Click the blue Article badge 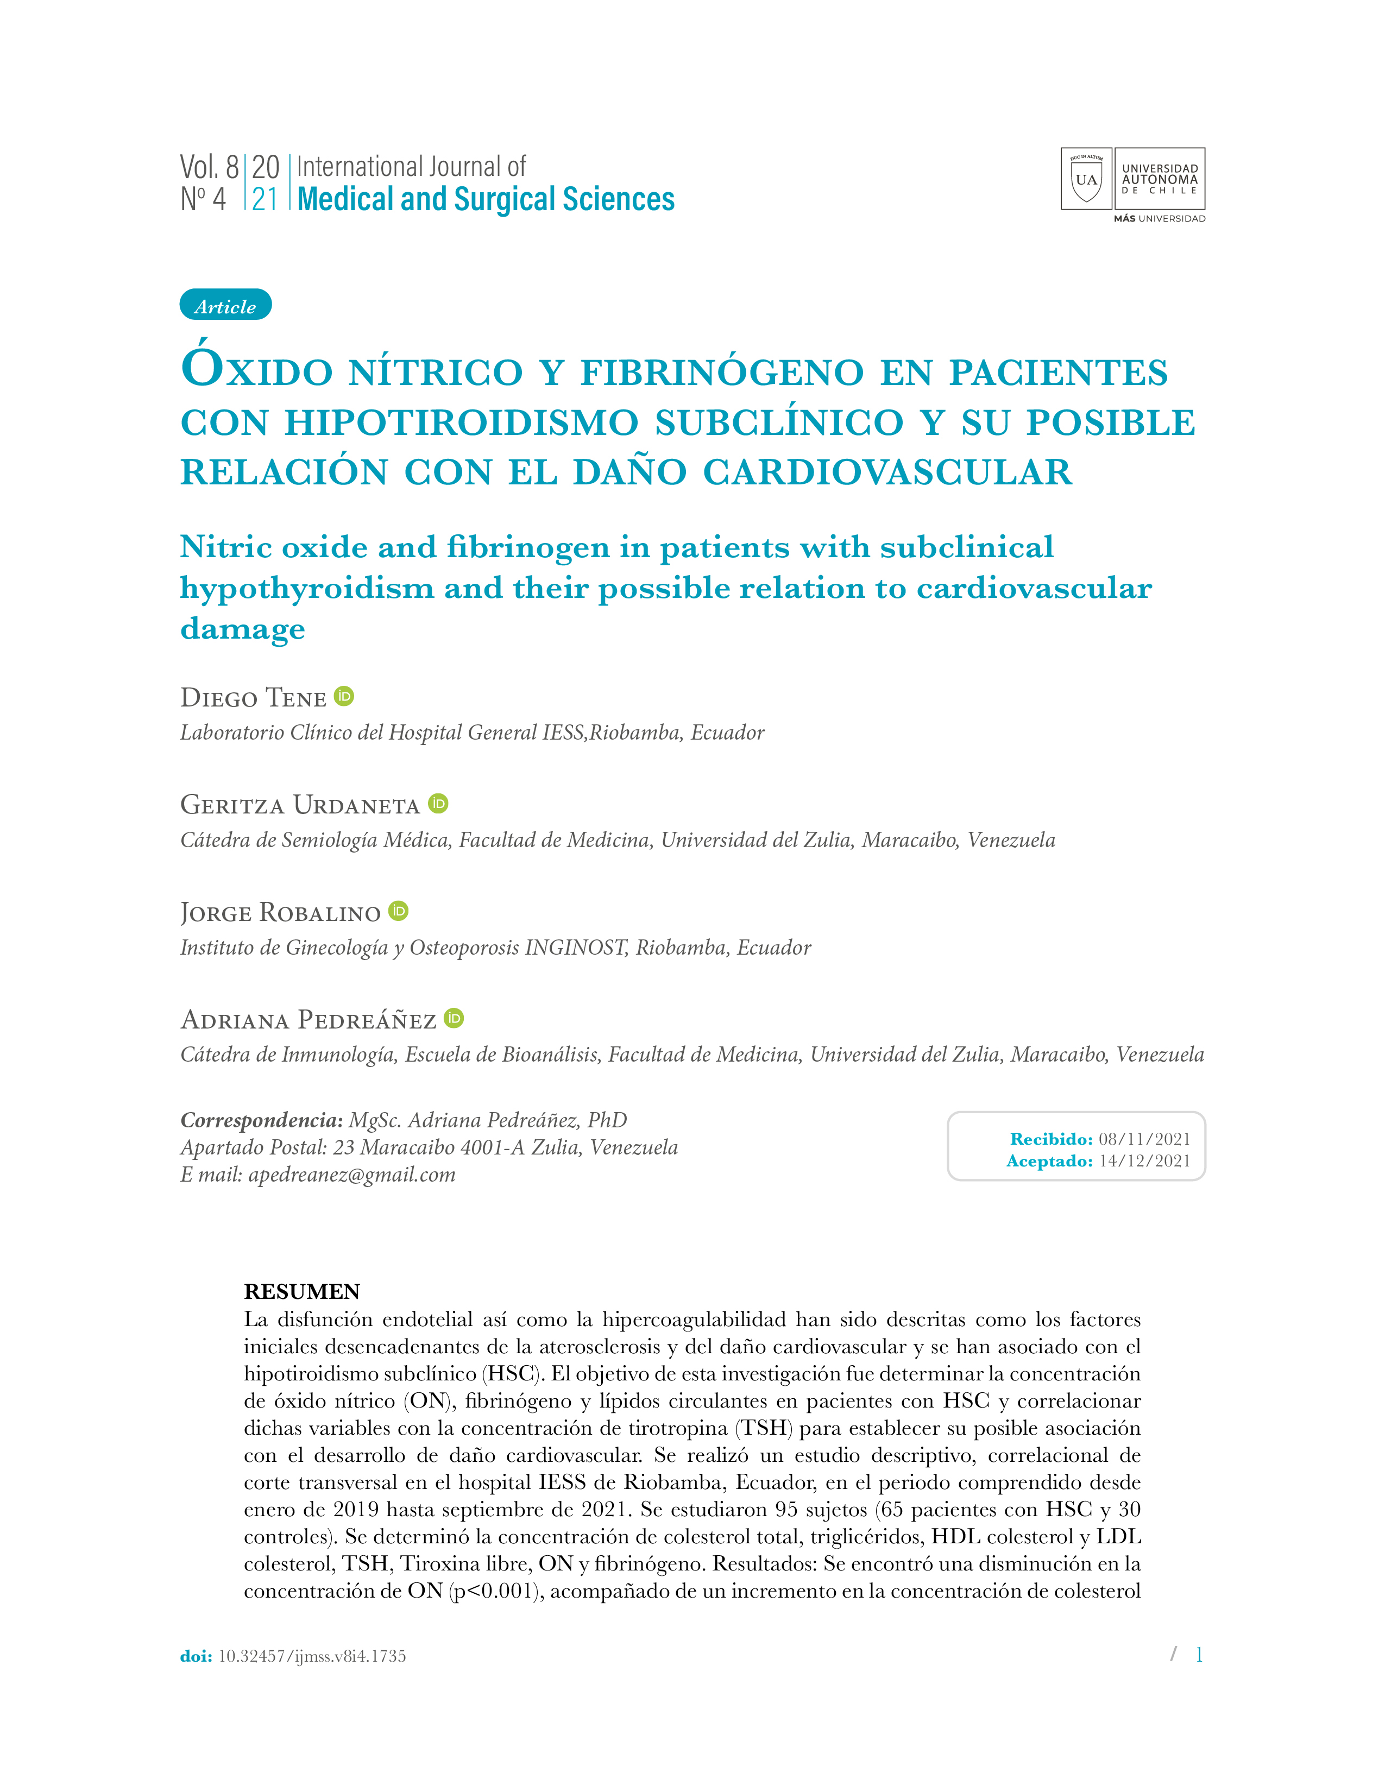(225, 305)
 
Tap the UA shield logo (1086, 179)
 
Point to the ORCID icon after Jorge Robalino (399, 911)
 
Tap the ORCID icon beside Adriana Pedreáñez (454, 1018)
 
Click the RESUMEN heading (302, 1291)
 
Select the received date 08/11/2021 (1144, 1139)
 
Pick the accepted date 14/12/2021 (1144, 1161)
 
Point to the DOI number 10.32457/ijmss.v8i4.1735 (312, 1656)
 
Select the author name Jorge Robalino (281, 912)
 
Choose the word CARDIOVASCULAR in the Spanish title (888, 472)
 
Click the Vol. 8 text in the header (209, 167)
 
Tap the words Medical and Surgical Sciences (486, 199)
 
